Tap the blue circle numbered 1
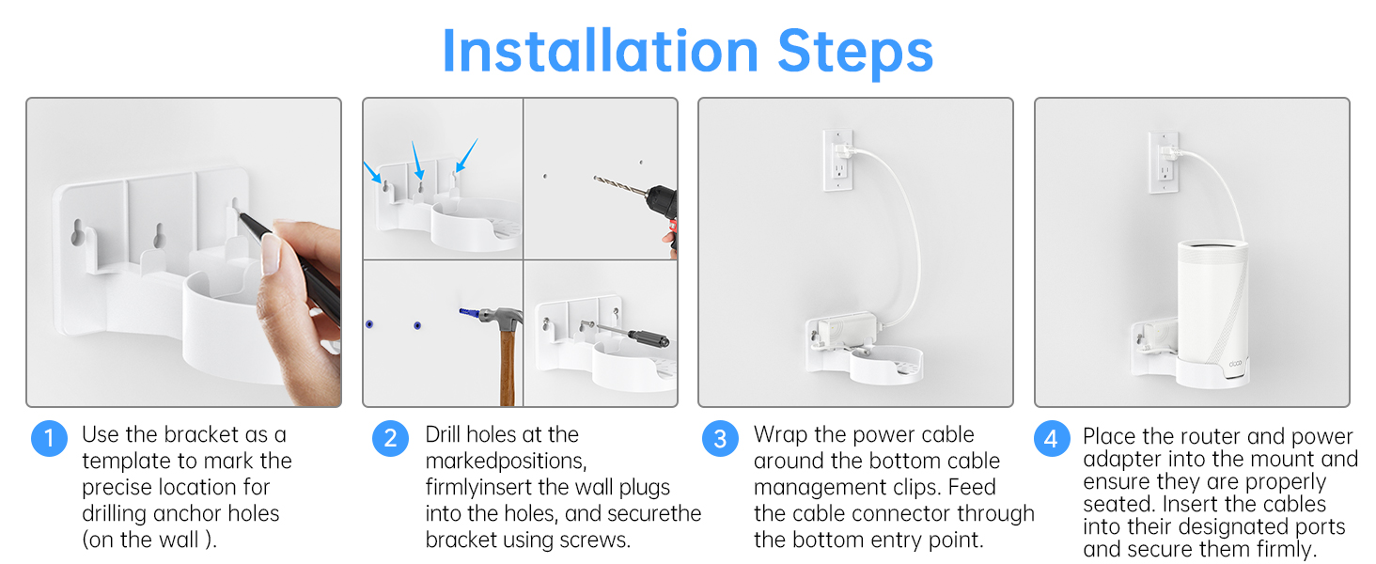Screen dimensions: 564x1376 pyautogui.click(x=49, y=439)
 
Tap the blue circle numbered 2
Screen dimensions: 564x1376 pyautogui.click(x=390, y=439)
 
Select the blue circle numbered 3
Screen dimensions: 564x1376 pyautogui.click(x=720, y=439)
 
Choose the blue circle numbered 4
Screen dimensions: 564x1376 pyautogui.click(x=1052, y=439)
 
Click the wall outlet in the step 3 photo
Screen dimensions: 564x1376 pyautogui.click(x=837, y=161)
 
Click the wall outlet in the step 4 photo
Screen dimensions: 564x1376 pyautogui.click(x=1164, y=161)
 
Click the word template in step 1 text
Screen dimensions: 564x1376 pyautogui.click(x=119, y=461)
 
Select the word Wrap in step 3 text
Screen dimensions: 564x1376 pyautogui.click(x=780, y=435)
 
